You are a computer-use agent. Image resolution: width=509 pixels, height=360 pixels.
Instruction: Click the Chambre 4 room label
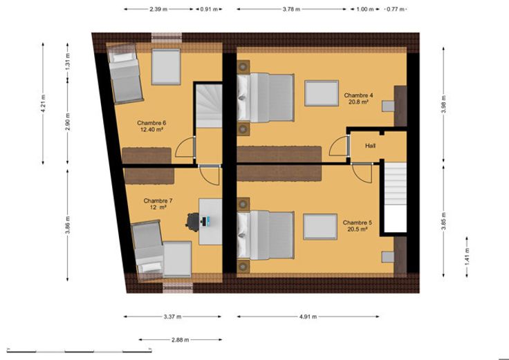click(358, 98)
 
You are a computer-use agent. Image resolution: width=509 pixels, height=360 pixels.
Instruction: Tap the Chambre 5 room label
click(358, 226)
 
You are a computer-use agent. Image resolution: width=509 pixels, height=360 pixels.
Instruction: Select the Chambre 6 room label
click(151, 126)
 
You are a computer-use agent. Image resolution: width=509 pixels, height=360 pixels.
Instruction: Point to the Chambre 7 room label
click(158, 204)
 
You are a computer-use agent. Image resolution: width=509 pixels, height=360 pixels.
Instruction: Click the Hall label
click(370, 146)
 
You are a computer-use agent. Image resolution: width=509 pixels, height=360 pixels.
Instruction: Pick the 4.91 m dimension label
click(308, 316)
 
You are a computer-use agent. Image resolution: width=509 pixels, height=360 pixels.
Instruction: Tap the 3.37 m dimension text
click(172, 316)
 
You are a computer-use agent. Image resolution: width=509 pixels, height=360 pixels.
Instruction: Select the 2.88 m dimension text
click(181, 340)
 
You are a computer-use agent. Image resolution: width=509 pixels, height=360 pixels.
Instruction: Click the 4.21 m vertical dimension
click(43, 104)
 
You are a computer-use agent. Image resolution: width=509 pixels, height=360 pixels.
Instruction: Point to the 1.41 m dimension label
click(467, 256)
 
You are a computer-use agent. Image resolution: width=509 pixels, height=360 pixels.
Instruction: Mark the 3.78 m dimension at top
click(291, 9)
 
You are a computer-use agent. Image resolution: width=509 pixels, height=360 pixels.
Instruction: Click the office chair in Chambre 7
click(193, 222)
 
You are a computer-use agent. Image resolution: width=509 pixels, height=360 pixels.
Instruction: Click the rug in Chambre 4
click(322, 93)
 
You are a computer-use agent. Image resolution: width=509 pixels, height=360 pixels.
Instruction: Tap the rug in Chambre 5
click(320, 227)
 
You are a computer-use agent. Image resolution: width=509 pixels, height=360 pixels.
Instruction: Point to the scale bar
click(80, 350)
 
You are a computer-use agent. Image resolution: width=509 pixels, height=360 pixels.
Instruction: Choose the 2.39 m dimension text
click(158, 9)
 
